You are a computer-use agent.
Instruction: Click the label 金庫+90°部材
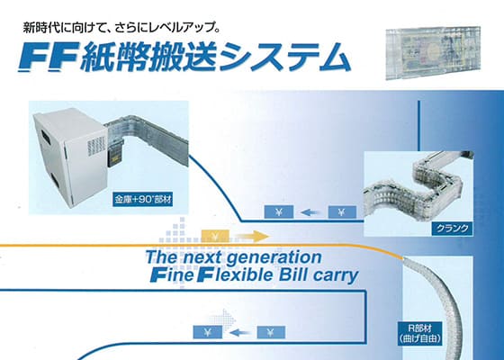click(143, 200)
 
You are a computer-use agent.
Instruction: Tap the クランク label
click(452, 229)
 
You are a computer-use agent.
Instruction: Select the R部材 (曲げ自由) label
click(420, 333)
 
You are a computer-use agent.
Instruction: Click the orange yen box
click(215, 236)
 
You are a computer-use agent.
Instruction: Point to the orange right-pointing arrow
click(252, 236)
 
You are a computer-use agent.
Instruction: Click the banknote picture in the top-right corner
click(433, 53)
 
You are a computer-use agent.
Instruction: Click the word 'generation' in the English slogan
click(278, 257)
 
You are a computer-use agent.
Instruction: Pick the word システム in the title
click(284, 57)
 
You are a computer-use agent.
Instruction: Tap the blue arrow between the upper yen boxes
click(310, 212)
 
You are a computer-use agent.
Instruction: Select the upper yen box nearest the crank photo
click(342, 212)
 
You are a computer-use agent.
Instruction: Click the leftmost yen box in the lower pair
click(207, 332)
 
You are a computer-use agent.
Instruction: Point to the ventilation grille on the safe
click(95, 147)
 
